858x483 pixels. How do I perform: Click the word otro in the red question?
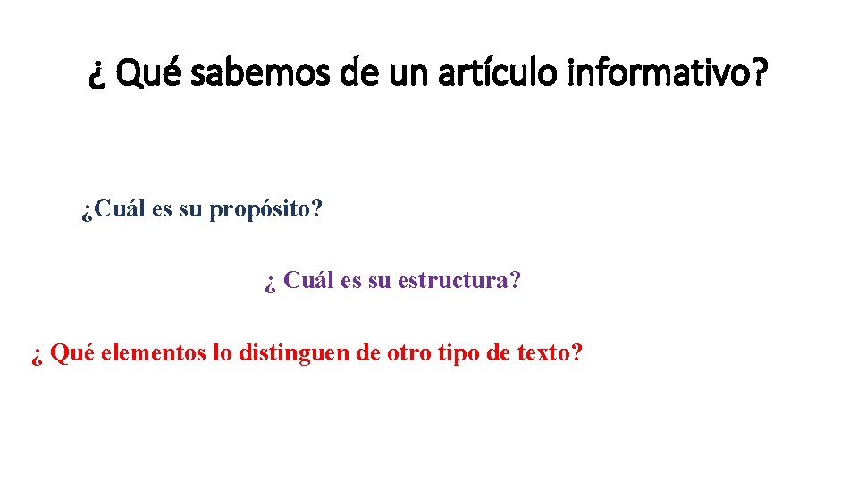tap(409, 352)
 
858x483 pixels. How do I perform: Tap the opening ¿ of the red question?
tap(37, 355)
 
